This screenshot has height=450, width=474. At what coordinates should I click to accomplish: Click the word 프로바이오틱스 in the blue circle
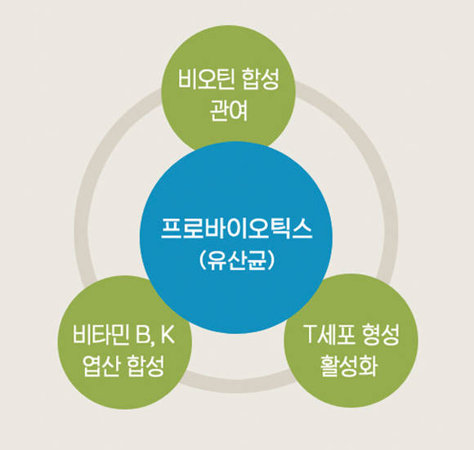236,229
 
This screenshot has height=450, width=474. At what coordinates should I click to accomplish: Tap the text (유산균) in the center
237,260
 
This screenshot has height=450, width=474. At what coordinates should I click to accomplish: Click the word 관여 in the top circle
229,110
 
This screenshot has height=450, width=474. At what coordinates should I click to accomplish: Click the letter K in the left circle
167,334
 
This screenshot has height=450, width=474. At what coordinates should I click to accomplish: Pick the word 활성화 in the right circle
349,365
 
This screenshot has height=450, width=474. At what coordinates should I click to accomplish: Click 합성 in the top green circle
261,79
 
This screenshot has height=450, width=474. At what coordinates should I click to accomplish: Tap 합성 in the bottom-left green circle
145,365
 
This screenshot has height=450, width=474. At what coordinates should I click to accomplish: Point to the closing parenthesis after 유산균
271,260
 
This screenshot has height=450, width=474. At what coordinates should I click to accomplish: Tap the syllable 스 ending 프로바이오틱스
302,229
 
